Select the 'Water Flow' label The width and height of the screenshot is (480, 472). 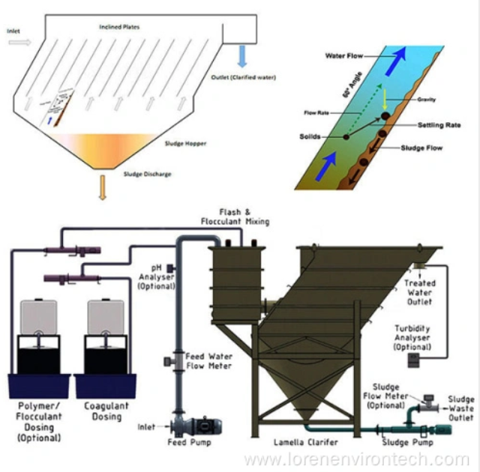click(344, 56)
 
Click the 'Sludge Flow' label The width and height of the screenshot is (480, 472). click(421, 148)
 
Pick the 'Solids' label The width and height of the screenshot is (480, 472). click(315, 136)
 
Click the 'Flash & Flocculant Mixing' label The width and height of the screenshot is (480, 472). click(235, 217)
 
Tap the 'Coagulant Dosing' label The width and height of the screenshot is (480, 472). click(107, 411)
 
